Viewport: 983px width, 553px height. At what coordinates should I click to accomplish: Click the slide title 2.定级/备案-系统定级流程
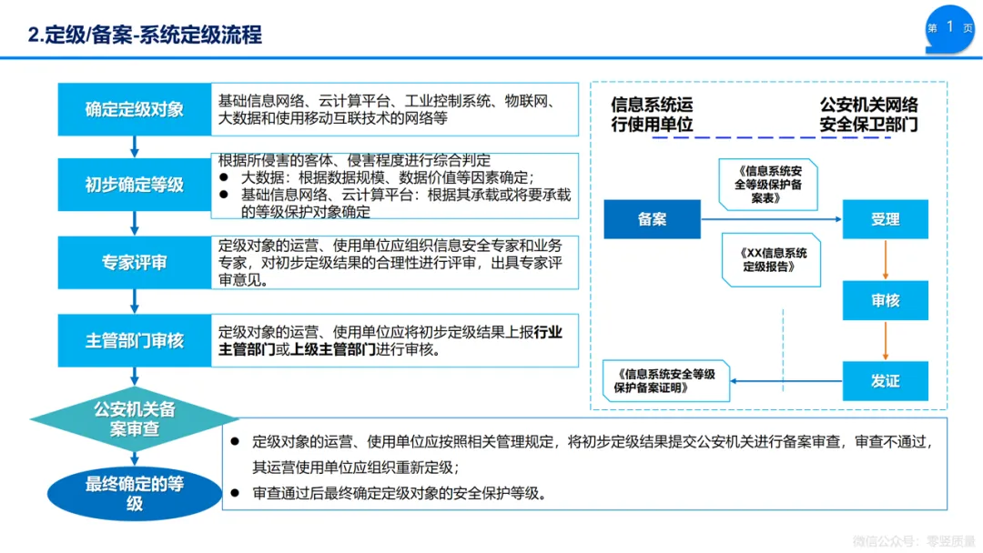coord(146,35)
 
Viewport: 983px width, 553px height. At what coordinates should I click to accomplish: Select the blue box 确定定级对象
coord(134,109)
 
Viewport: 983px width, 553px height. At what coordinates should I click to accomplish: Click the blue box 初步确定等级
coord(134,185)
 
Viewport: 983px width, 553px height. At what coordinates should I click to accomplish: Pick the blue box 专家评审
coord(134,263)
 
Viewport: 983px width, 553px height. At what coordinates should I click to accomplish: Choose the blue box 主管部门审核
coord(134,341)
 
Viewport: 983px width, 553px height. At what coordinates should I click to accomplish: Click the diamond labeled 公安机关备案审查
coord(135,418)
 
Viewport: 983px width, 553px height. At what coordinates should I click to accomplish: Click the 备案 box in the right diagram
coord(652,219)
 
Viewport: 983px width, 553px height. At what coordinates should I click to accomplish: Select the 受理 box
coord(885,219)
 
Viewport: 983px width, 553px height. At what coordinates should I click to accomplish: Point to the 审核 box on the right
coord(885,300)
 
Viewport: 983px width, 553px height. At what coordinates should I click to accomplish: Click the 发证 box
coord(885,381)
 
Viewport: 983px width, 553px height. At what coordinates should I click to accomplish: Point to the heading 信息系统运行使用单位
coord(652,115)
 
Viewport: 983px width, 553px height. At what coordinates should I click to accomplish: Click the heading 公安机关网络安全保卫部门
coord(868,115)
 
